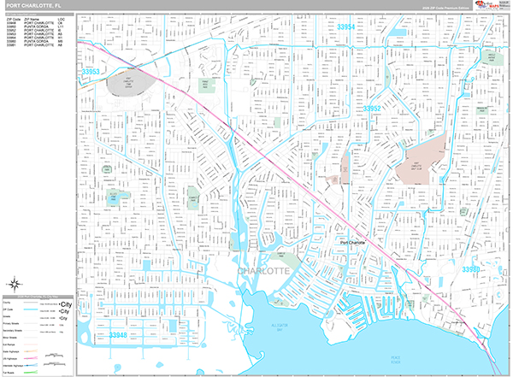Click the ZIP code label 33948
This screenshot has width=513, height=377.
[x=122, y=336]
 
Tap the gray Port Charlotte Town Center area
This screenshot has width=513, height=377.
[x=126, y=85]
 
